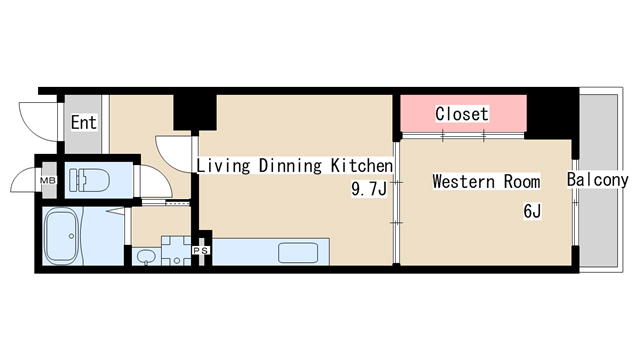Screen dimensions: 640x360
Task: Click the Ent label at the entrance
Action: click(84, 122)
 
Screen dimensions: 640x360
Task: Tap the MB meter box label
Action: click(47, 180)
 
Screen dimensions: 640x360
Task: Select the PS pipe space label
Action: click(201, 250)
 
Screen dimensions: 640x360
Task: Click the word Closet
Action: click(462, 114)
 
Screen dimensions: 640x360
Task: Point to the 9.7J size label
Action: click(369, 189)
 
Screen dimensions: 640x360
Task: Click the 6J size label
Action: click(532, 211)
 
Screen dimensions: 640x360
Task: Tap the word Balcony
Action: click(598, 180)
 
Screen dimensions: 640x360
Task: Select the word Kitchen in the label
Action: click(362, 165)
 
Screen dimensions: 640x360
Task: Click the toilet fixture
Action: click(89, 180)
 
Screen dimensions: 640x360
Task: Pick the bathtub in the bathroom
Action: click(62, 236)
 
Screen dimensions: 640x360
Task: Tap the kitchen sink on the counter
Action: click(298, 253)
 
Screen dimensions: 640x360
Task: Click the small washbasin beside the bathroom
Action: click(146, 257)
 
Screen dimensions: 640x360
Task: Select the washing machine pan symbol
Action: click(176, 251)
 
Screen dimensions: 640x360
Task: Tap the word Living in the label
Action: click(223, 166)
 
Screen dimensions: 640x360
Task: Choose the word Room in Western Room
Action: click(522, 181)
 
